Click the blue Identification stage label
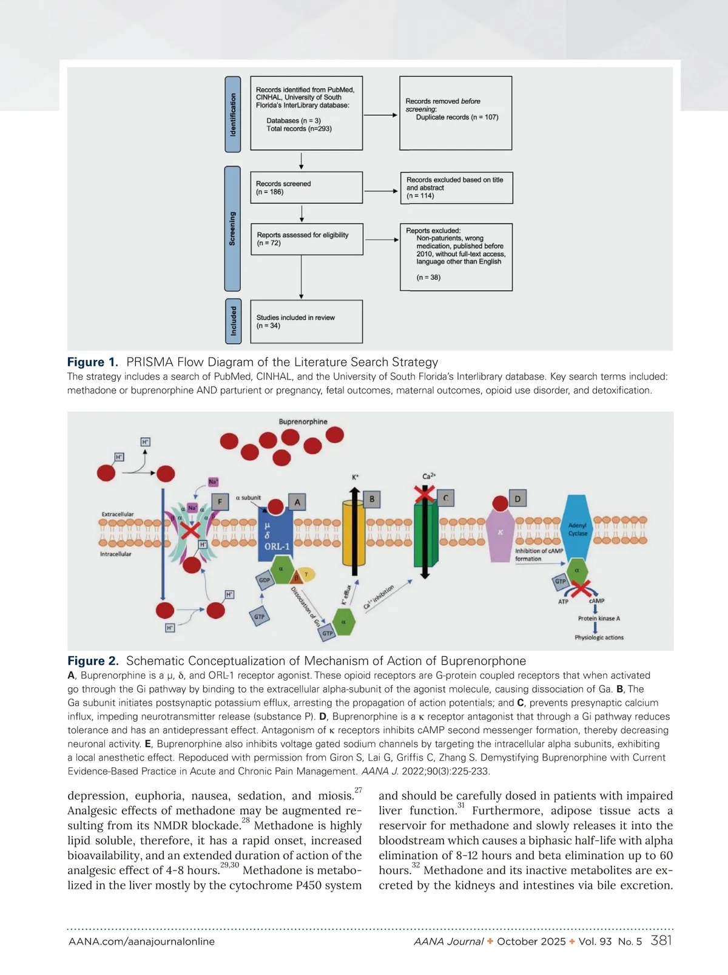[233, 114]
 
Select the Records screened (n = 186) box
[306, 188]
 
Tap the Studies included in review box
[306, 321]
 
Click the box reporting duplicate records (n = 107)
[456, 113]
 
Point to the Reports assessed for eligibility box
[306, 239]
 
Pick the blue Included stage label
[233, 321]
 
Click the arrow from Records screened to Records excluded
[381, 191]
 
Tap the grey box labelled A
[297, 502]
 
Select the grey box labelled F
[220, 501]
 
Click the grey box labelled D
[517, 499]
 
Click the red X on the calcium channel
[425, 493]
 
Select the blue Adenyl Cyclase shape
[577, 528]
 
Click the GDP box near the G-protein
[265, 580]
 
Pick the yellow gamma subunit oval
[307, 574]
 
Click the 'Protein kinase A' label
[599, 619]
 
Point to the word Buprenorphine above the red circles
[303, 421]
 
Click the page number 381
[661, 940]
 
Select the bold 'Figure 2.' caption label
[93, 661]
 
